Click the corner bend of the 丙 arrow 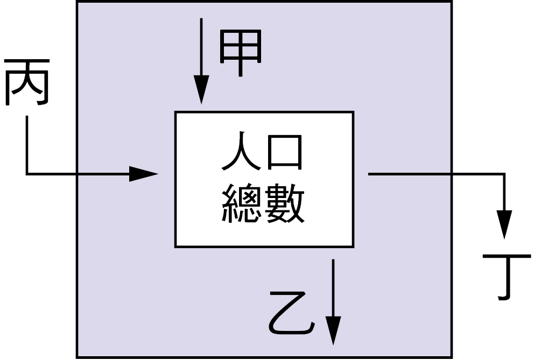[27, 174]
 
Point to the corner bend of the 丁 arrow [504, 174]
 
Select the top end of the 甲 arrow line [201, 19]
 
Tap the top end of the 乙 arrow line [333, 260]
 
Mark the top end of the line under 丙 [27, 120]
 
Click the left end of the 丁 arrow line [369, 174]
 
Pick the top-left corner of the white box [175, 112]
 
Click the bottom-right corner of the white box [353, 246]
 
